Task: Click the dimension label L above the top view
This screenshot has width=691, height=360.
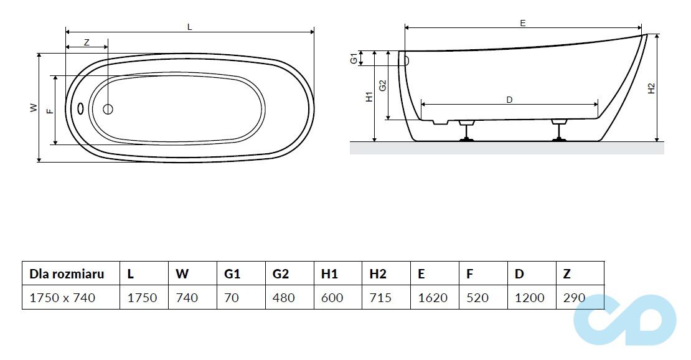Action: pos(190,26)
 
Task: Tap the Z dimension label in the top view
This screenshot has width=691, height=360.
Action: pos(87,42)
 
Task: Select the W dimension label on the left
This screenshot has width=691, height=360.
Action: pos(33,108)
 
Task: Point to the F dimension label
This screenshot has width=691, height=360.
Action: pos(50,110)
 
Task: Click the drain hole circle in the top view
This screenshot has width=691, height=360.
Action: pos(108,110)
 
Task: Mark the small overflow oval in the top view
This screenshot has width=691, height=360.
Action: pos(80,108)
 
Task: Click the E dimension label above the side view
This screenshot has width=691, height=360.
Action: pos(523,22)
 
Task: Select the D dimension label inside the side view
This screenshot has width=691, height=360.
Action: pos(509,99)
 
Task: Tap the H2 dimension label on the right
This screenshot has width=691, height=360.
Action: pos(651,88)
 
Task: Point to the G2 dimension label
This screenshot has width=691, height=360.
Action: pos(383,85)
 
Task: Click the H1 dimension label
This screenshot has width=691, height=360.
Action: pos(369,97)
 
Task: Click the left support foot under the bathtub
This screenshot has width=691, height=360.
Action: pos(466,133)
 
